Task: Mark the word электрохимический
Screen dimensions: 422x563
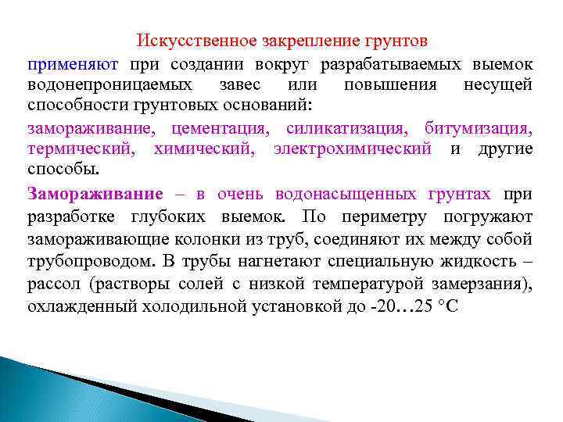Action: coord(353,148)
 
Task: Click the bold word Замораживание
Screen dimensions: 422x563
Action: coord(95,194)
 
